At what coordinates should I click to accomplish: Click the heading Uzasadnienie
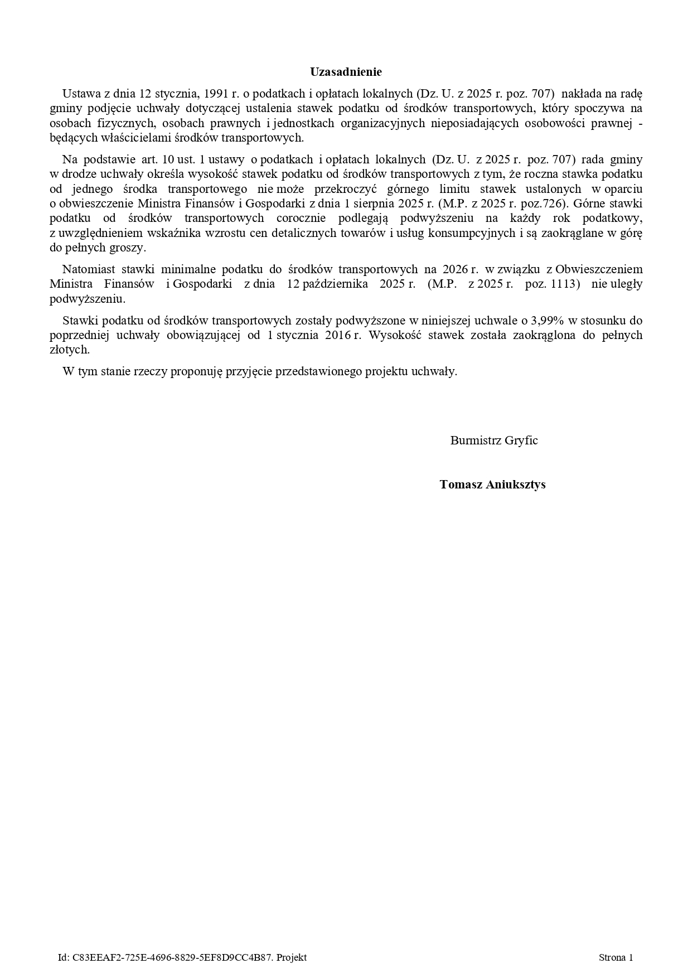[346, 72]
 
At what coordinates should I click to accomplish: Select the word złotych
[70, 350]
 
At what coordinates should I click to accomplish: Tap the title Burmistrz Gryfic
[494, 440]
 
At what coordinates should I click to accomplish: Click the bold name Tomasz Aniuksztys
[492, 485]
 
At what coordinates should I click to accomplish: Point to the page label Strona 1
[616, 958]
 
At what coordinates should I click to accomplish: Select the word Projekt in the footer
[292, 958]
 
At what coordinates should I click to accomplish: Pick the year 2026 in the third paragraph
[455, 269]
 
